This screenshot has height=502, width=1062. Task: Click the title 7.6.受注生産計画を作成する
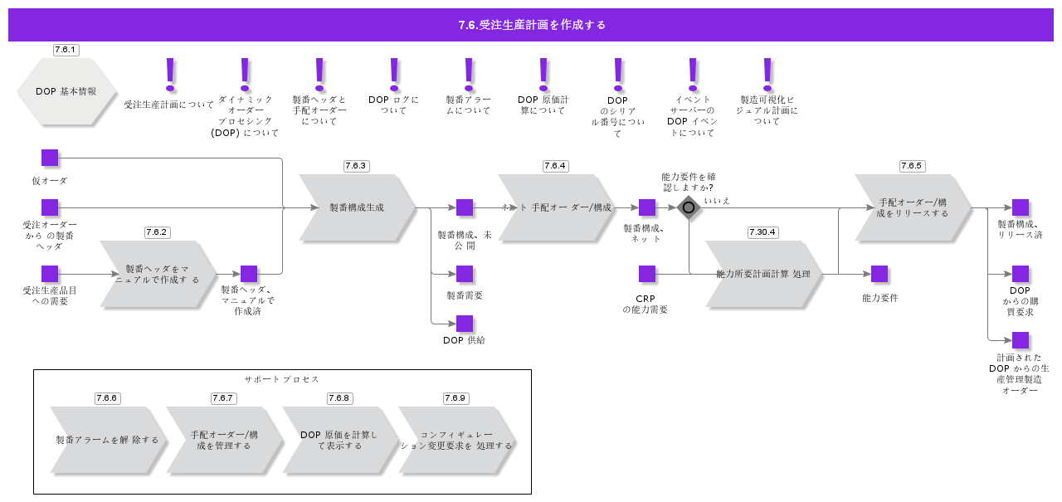click(531, 25)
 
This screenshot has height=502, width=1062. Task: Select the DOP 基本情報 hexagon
click(66, 91)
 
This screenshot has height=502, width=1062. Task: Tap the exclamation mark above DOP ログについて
click(394, 74)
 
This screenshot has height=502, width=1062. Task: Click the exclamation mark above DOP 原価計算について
click(543, 74)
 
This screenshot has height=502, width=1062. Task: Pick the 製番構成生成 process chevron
click(357, 207)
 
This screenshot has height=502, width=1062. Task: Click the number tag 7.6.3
click(356, 166)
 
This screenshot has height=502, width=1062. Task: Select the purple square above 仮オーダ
click(50, 158)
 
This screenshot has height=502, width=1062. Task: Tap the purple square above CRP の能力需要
click(647, 274)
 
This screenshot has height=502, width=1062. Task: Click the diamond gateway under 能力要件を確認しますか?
click(689, 207)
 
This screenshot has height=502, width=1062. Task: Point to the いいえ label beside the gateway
click(717, 200)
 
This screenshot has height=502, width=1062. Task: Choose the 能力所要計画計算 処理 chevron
click(763, 274)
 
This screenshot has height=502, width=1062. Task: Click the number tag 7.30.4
click(762, 232)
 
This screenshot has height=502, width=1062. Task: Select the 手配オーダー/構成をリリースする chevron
click(913, 207)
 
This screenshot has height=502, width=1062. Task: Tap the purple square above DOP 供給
click(465, 324)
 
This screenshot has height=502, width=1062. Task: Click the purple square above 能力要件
click(879, 274)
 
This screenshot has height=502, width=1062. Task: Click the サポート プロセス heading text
click(282, 379)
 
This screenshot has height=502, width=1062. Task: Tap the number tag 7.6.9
click(455, 398)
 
